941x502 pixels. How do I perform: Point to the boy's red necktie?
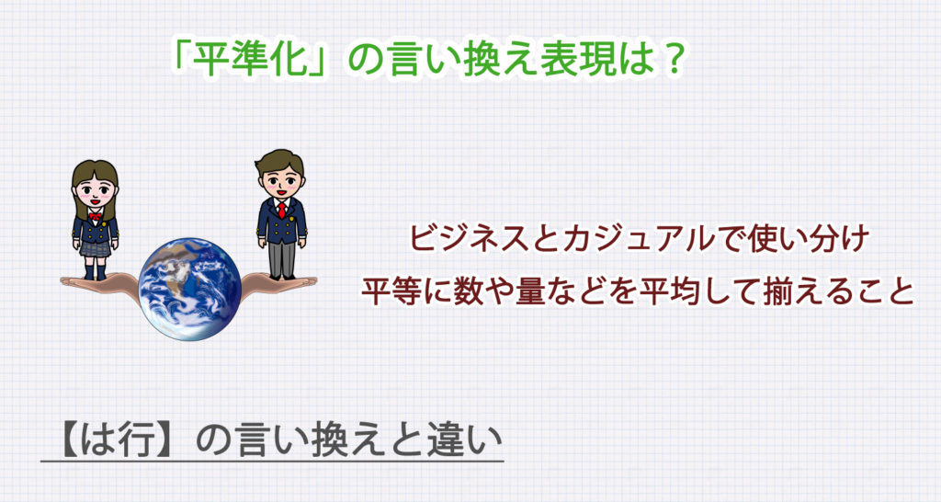pos(281,208)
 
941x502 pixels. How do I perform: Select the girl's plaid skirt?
pos(95,246)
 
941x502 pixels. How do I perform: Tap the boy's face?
pos(281,179)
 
